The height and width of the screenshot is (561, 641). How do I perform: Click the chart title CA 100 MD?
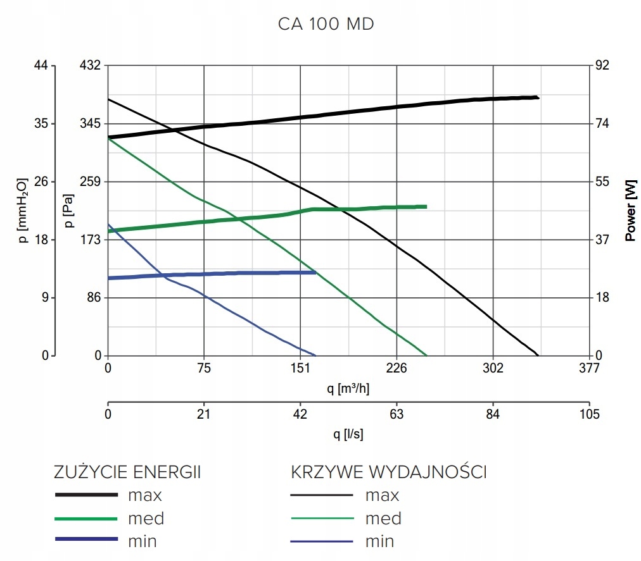point(326,25)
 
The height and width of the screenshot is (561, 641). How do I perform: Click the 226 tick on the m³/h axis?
point(397,369)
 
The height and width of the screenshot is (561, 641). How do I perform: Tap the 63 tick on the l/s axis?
point(397,415)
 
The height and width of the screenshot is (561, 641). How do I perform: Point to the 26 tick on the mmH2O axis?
point(41,182)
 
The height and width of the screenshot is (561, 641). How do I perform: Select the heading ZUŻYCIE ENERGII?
point(127,472)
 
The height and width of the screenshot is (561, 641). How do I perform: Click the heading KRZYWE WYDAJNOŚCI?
point(389,472)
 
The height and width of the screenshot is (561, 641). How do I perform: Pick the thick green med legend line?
point(87,519)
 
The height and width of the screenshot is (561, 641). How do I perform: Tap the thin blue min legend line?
point(322,541)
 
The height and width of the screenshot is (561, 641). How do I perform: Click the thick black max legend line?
point(87,495)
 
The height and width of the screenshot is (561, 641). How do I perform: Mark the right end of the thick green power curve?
point(426,207)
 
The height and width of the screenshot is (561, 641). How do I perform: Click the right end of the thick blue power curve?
point(315,273)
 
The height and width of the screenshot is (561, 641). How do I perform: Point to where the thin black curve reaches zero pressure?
point(538,355)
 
